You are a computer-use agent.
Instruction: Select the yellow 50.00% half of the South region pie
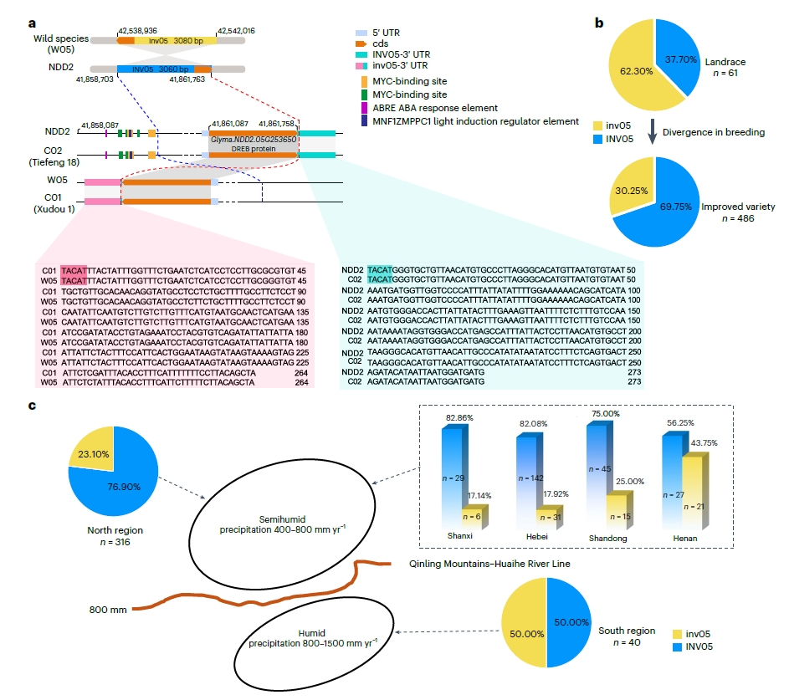coord(524,623)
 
